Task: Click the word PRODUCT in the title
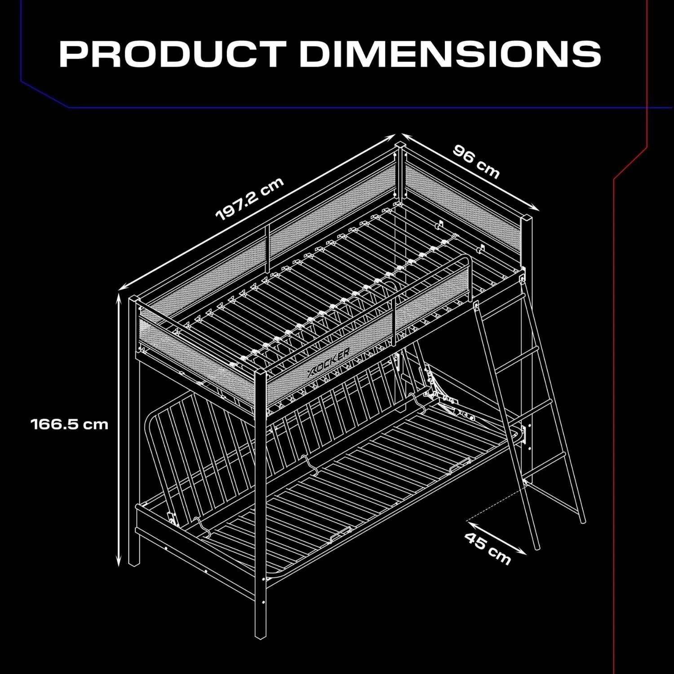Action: coord(173,54)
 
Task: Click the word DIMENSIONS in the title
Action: coord(450,54)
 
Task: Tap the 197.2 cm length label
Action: coord(250,199)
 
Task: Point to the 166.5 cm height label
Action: coord(70,424)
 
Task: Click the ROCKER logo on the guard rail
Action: coord(329,362)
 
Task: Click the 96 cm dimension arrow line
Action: coord(470,172)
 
